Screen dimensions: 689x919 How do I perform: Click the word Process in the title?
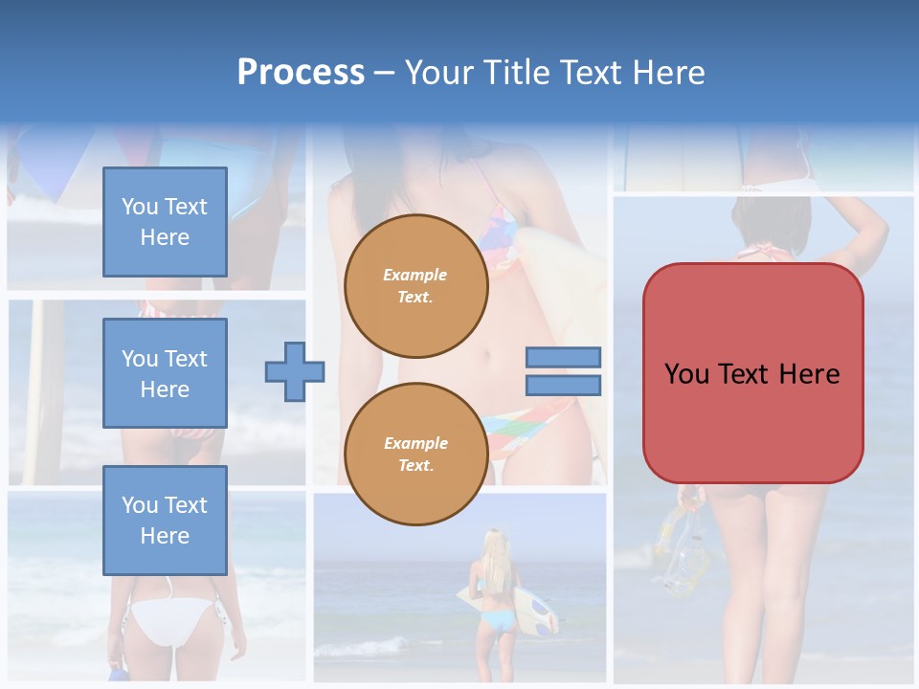301,73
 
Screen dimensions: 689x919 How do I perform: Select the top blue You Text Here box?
165,222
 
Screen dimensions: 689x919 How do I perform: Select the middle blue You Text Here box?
165,373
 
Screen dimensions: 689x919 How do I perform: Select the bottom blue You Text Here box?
165,520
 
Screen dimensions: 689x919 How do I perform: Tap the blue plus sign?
294,371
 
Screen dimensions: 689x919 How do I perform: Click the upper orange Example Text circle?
415,286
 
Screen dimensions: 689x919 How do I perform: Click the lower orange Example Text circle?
415,455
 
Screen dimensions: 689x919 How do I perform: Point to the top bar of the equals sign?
563,358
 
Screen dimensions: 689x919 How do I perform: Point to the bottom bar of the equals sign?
563,385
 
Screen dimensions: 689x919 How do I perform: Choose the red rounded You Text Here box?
752,373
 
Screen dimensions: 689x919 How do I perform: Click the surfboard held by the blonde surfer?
533,608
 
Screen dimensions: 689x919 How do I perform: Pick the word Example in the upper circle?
415,275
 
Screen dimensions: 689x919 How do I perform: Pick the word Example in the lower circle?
415,443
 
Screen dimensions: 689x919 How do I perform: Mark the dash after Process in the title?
384,73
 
